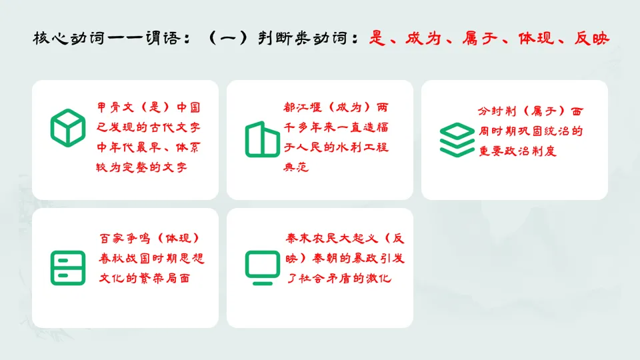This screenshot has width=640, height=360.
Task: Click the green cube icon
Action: point(68,127)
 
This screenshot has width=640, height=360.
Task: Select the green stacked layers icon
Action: point(457,139)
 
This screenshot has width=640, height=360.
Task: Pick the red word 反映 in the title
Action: point(591,38)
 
